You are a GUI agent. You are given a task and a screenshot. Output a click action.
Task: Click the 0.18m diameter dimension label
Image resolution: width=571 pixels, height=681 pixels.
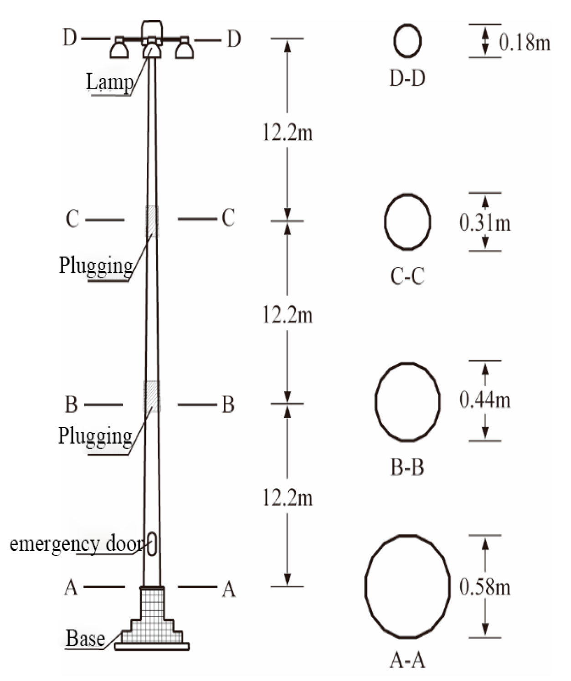pos(525,42)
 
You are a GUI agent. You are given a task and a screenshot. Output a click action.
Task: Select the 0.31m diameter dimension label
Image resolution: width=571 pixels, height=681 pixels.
pos(485,223)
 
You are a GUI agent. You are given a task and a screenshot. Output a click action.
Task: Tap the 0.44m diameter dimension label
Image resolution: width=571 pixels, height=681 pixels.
pos(485,400)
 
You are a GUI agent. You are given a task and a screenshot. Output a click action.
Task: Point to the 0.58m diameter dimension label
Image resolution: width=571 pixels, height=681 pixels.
pos(485,587)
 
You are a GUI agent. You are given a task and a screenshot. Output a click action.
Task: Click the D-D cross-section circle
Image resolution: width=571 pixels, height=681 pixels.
pos(407,41)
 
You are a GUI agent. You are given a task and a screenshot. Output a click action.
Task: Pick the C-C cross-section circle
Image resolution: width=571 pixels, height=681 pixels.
pos(407,222)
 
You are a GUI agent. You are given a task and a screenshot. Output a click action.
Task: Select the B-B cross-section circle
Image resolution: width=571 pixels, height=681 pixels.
pos(407,401)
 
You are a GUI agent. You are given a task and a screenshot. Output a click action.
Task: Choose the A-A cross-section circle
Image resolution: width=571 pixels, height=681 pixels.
pos(407,586)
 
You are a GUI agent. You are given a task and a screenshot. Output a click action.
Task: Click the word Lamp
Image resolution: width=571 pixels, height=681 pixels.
pos(110,82)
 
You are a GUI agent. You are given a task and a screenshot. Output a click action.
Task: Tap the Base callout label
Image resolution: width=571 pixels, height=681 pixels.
pos(85,638)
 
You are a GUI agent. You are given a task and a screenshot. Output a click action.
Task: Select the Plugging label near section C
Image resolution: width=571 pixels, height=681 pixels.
pos(96,265)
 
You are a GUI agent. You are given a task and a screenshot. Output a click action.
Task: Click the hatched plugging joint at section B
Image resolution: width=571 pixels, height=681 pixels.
pos(152,396)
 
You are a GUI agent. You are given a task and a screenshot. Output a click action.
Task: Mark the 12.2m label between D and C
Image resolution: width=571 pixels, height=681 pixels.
pos(288,133)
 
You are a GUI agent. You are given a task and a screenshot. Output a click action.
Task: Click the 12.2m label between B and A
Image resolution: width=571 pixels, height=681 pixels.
pos(288,498)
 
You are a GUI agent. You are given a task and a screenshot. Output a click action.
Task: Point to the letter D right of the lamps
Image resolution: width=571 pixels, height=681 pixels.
pos(234,39)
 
